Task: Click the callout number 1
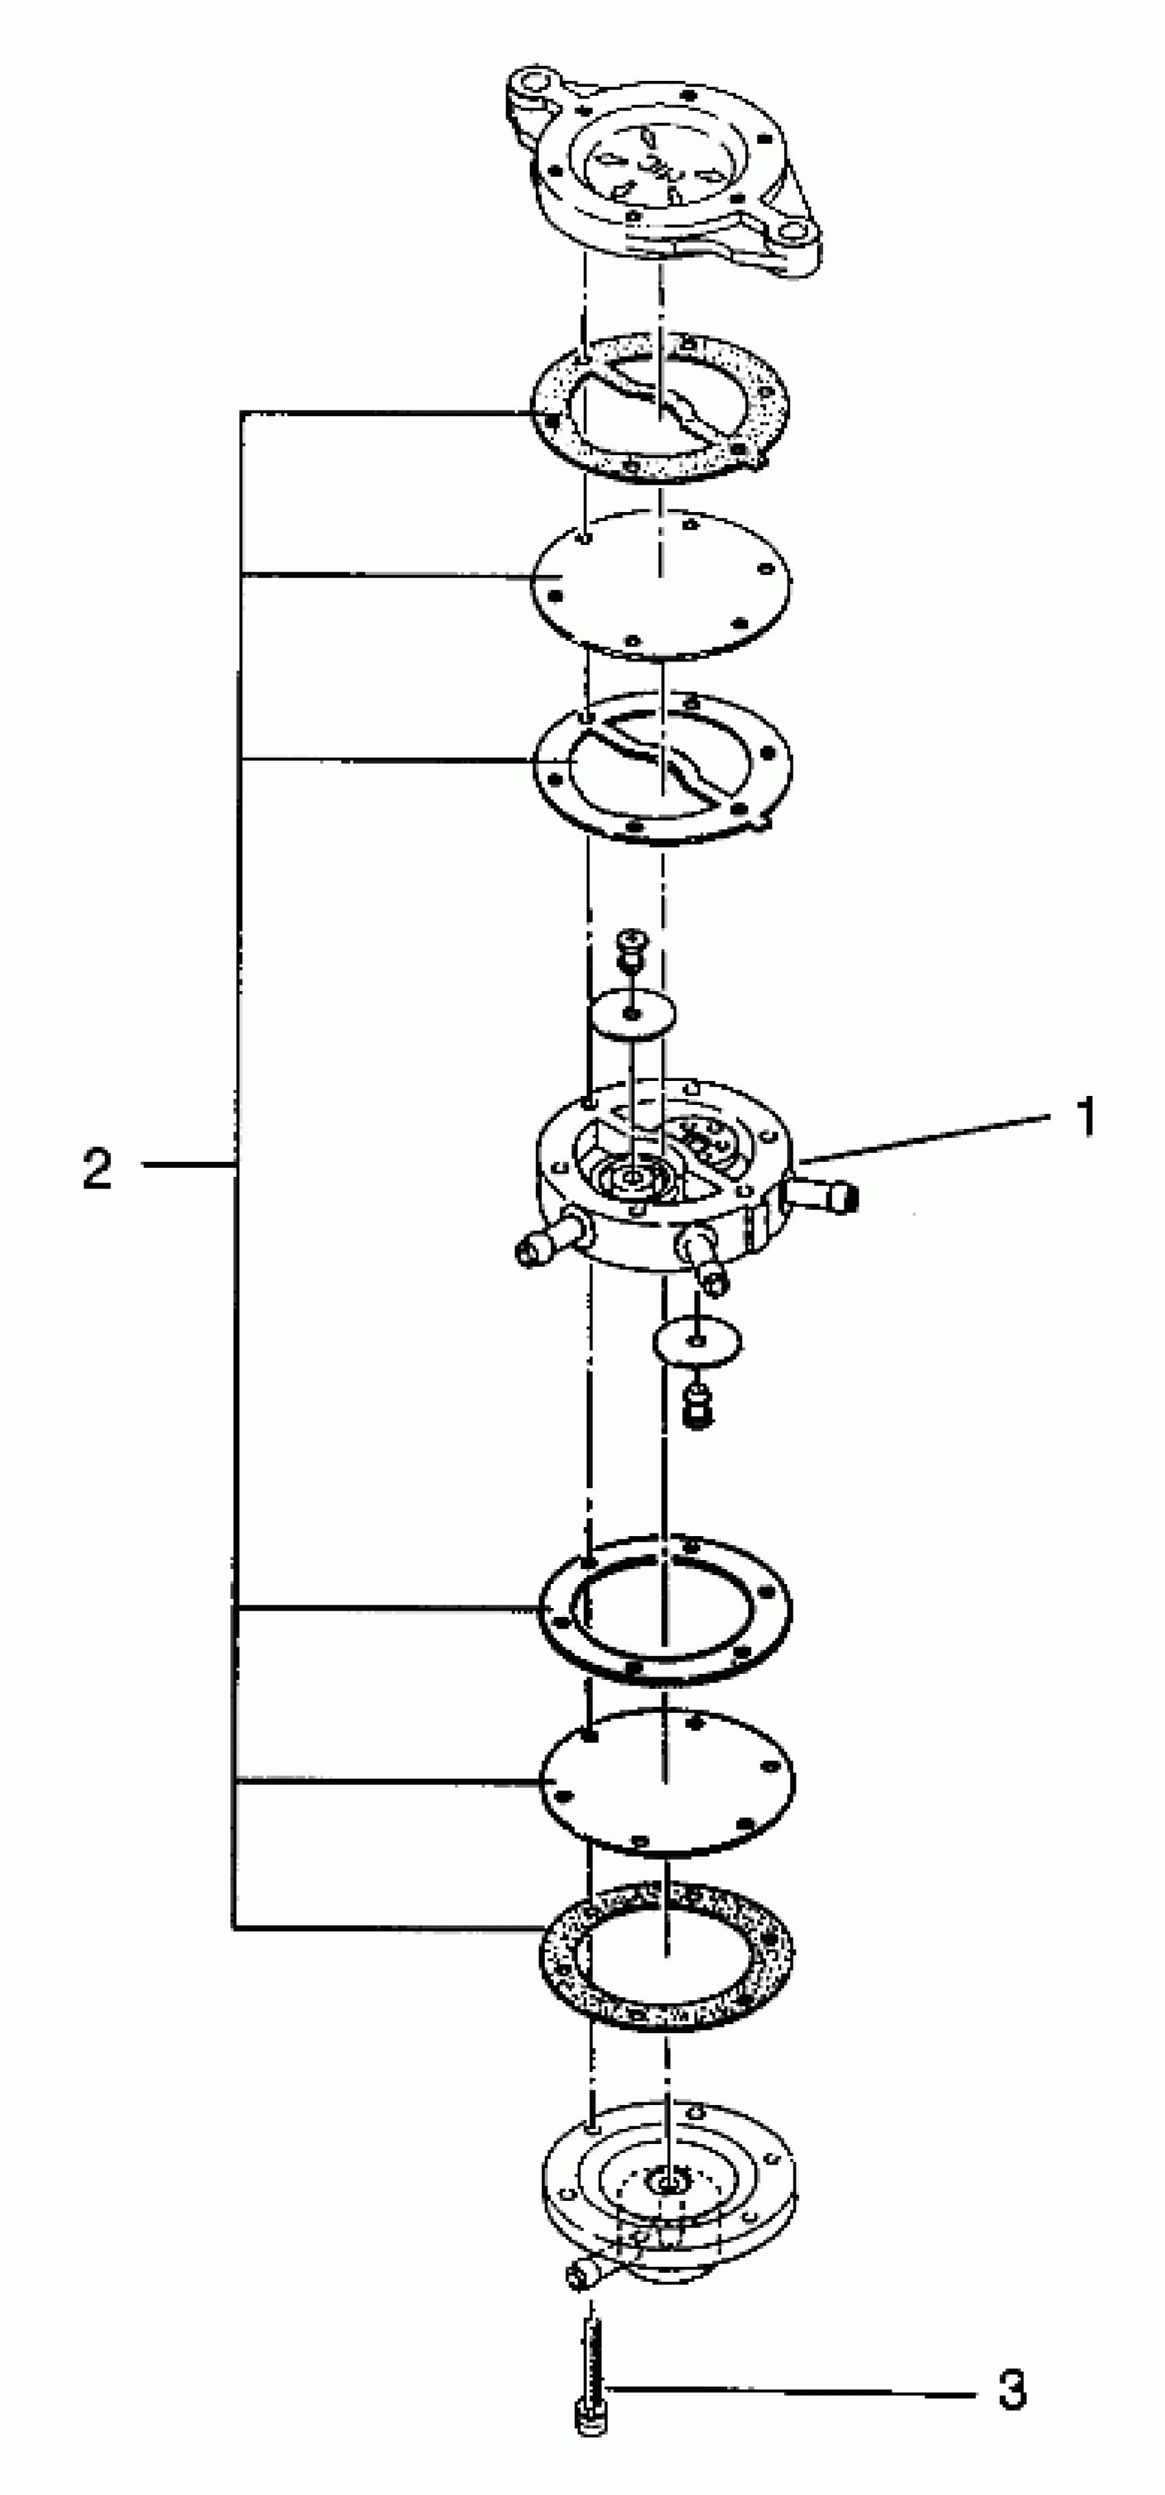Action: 1087,1117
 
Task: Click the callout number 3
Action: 1012,2389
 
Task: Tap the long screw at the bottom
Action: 591,2382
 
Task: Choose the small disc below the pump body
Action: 697,1342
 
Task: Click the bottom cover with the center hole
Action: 668,2179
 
